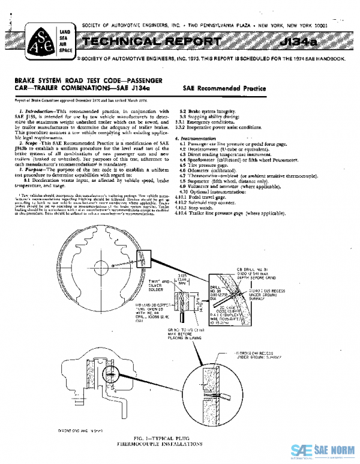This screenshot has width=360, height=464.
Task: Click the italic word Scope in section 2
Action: pos(31,143)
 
